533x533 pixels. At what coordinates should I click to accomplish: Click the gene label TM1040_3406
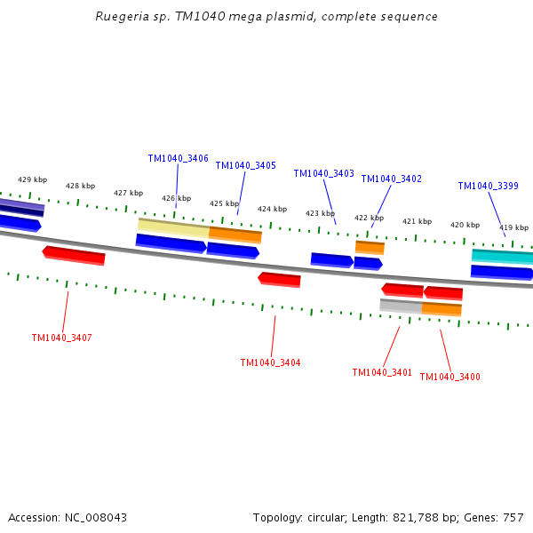click(179, 159)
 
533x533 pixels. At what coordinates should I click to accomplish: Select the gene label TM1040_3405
click(246, 166)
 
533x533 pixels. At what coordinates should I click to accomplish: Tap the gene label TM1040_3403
click(324, 174)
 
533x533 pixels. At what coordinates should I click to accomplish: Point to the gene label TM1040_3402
click(392, 179)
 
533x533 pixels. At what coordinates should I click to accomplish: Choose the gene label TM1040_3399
click(489, 187)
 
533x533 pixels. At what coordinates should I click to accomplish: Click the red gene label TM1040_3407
click(61, 338)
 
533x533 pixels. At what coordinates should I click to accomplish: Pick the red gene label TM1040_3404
click(270, 363)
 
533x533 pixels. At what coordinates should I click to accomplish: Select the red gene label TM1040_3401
click(382, 373)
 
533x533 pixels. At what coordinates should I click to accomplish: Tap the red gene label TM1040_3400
click(449, 378)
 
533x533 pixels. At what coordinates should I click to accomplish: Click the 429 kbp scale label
click(33, 180)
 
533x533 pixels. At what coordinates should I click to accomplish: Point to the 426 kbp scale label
click(176, 199)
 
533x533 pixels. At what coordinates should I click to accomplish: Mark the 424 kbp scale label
click(273, 210)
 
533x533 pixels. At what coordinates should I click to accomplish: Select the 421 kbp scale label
click(417, 222)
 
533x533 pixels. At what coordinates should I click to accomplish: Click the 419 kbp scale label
click(513, 228)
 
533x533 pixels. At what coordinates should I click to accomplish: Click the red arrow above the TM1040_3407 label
click(75, 256)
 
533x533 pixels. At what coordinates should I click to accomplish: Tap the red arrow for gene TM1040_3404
click(280, 280)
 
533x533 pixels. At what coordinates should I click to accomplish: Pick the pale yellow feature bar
click(173, 227)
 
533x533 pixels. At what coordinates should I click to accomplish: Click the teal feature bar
click(503, 257)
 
